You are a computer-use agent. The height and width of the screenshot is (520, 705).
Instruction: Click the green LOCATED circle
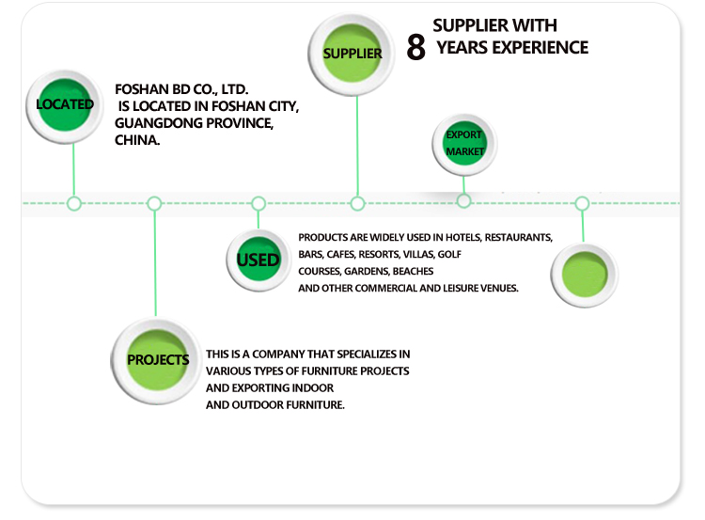(64, 104)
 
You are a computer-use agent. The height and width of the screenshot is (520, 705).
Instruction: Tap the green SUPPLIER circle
(352, 53)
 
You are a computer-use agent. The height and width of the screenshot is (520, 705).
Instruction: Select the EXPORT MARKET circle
(464, 144)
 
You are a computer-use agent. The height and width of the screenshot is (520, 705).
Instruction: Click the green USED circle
(258, 259)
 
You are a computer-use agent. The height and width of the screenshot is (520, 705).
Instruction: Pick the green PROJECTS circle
(157, 359)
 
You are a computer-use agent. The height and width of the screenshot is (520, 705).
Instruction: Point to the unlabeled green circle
(583, 276)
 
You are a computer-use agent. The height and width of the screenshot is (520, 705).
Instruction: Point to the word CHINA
(136, 141)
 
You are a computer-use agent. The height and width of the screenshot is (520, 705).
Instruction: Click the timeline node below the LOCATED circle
(74, 203)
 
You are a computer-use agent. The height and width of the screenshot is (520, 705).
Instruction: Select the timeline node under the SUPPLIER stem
(357, 203)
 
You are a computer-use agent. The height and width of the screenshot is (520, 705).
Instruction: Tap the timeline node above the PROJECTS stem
(155, 203)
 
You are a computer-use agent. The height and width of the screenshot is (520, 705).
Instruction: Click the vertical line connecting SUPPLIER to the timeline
(357, 141)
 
